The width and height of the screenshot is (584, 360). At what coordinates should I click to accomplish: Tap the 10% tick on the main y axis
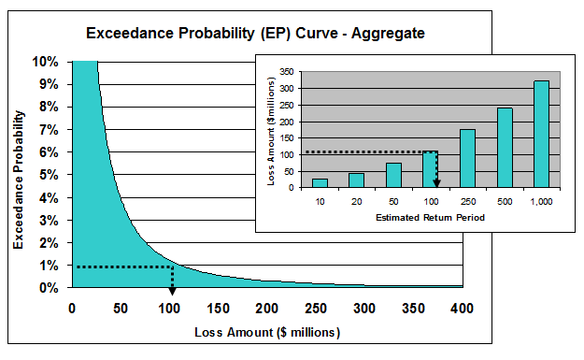tap(46, 62)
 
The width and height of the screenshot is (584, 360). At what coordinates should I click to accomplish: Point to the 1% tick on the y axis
tap(49, 266)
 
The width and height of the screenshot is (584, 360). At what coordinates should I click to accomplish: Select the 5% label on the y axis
tap(49, 175)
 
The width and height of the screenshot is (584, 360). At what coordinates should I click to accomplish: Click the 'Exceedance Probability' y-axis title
tap(18, 177)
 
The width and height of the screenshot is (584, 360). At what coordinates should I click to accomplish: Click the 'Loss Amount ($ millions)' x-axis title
tap(266, 332)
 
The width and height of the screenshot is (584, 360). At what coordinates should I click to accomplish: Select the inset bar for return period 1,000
tap(540, 134)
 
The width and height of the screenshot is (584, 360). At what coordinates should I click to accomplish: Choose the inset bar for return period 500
tap(505, 147)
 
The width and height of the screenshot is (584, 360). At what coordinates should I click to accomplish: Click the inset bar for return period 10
tap(320, 182)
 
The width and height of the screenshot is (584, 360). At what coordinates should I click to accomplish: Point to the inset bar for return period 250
tap(467, 158)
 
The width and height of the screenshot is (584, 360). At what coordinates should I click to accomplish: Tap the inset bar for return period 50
tap(393, 175)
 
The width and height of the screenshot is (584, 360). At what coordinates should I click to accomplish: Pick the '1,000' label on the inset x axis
tap(540, 202)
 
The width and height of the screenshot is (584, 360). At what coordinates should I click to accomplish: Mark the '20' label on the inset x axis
tap(356, 202)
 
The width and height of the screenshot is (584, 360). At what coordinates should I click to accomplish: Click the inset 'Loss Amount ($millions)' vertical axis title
tap(272, 130)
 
